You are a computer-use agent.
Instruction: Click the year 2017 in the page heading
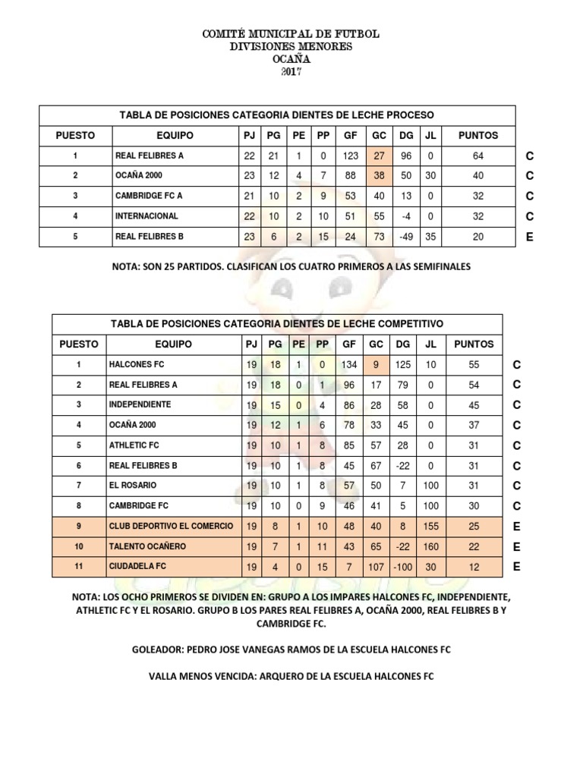click(x=291, y=72)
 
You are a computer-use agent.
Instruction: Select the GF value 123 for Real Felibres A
click(x=351, y=156)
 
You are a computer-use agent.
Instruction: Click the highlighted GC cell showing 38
click(x=380, y=176)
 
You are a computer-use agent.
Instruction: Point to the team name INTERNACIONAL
click(x=147, y=216)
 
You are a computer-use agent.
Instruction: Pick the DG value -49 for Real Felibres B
click(x=407, y=237)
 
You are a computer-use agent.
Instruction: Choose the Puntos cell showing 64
click(x=478, y=156)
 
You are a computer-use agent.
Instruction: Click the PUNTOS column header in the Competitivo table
click(x=474, y=344)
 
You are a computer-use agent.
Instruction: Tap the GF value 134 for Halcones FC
click(x=350, y=365)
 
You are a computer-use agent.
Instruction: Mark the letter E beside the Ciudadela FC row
click(x=518, y=567)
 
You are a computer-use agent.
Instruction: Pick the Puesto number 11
click(x=78, y=567)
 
